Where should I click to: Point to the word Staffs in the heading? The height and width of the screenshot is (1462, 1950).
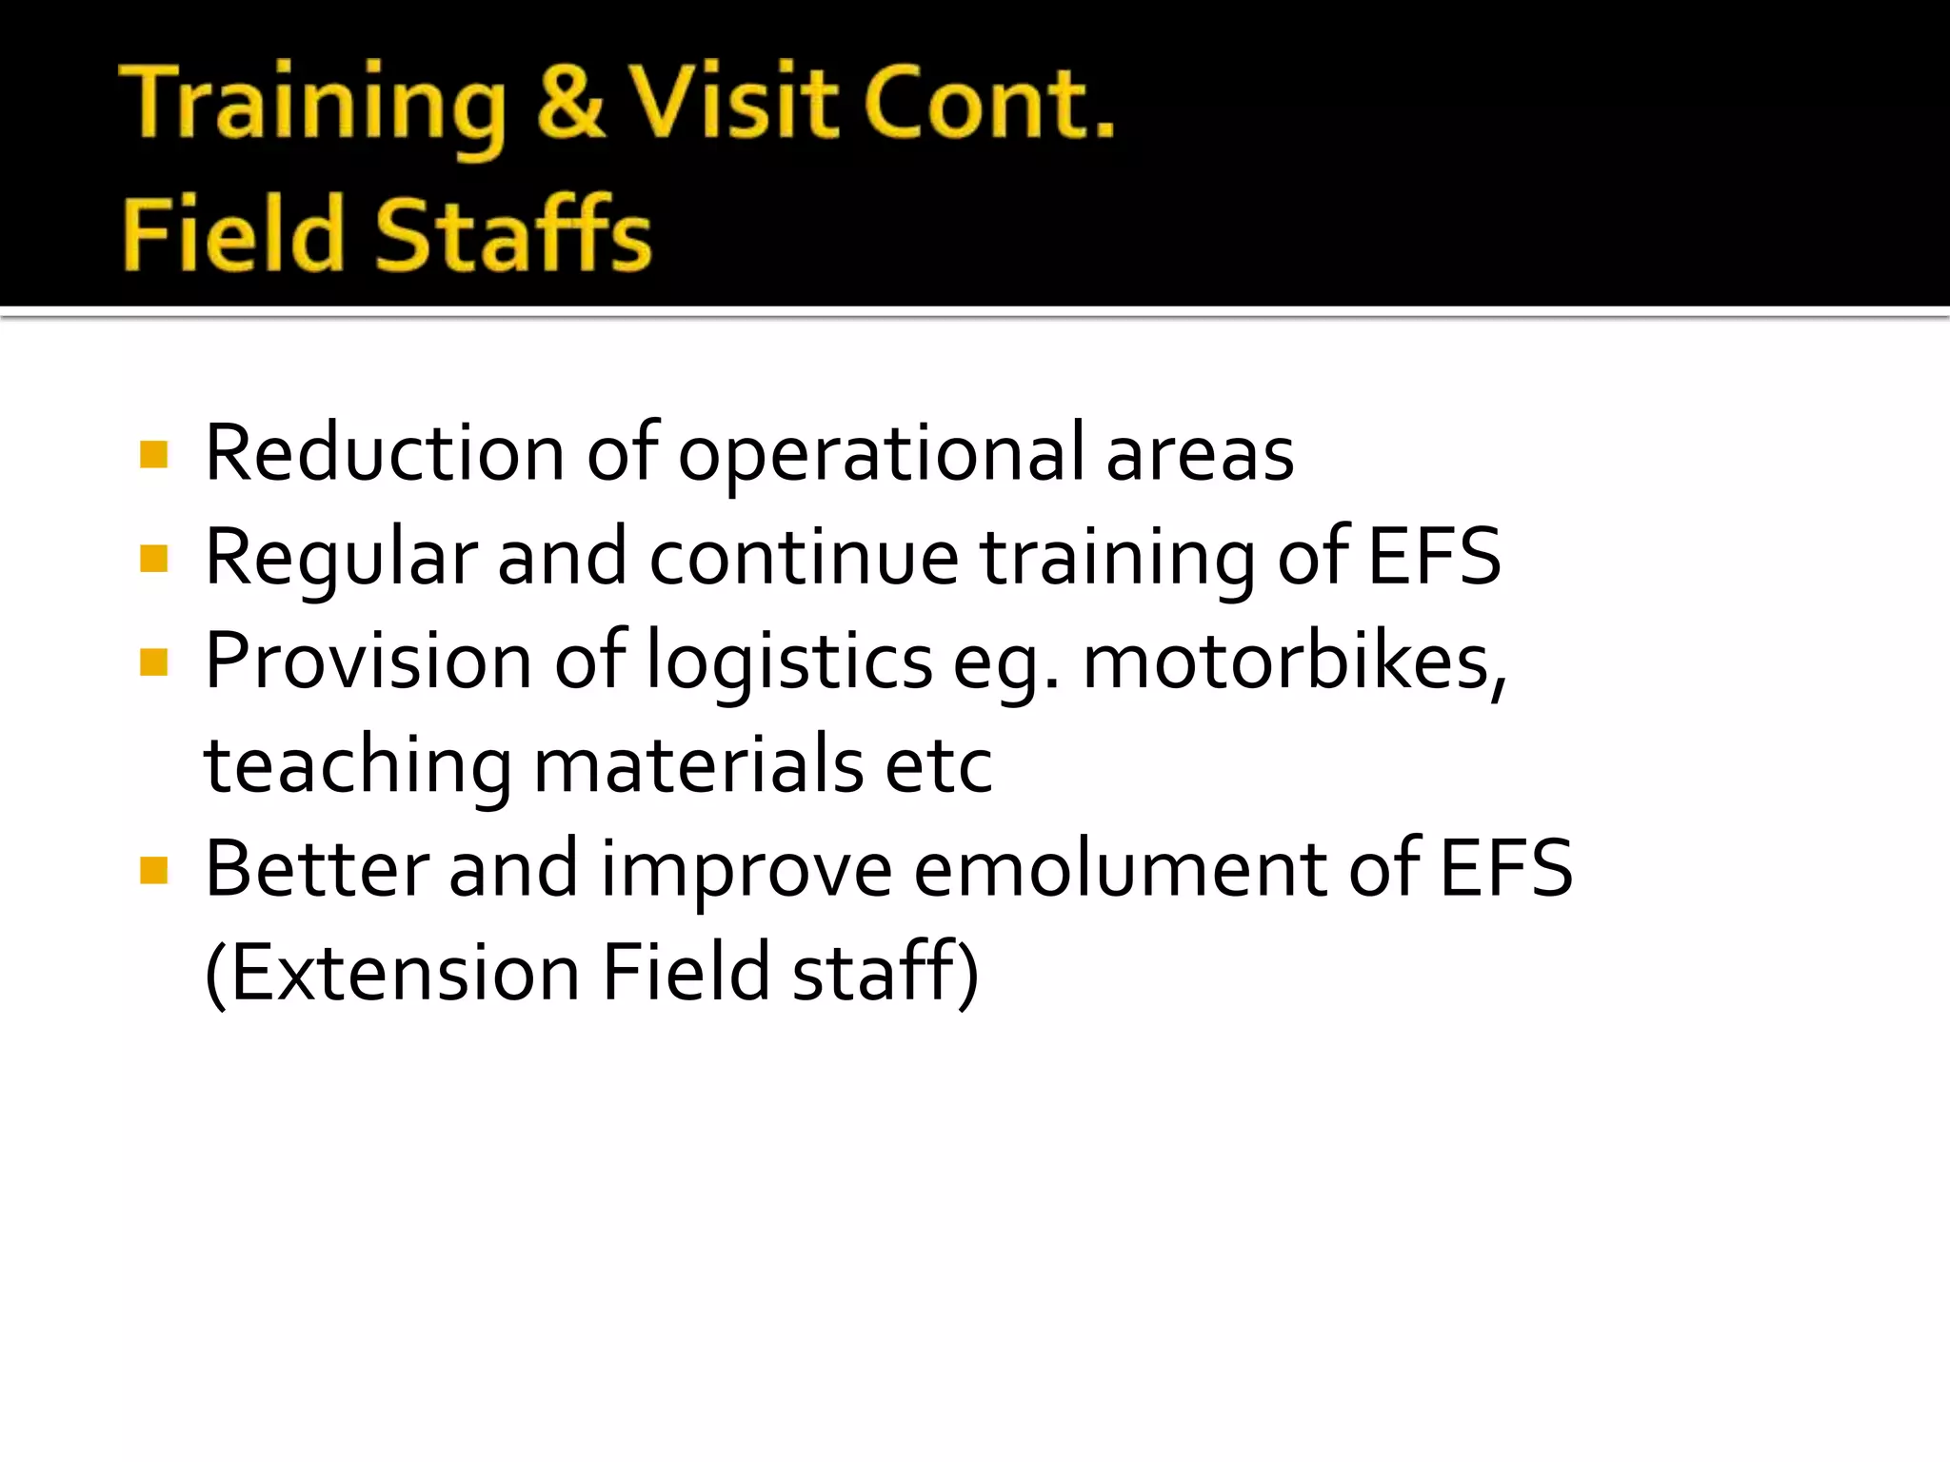click(514, 234)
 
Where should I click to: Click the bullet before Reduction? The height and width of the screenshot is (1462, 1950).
click(153, 455)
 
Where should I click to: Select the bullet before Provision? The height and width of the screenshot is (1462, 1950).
click(153, 662)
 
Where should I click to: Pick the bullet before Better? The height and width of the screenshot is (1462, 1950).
click(153, 870)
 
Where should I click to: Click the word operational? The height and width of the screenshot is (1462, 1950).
click(881, 454)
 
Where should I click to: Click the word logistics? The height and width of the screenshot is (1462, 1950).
click(789, 662)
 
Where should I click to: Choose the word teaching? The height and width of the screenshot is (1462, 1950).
click(358, 766)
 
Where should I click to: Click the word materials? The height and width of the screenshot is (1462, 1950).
click(698, 765)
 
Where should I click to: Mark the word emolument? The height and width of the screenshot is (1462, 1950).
click(1120, 869)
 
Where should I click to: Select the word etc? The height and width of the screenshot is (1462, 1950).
click(939, 766)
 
